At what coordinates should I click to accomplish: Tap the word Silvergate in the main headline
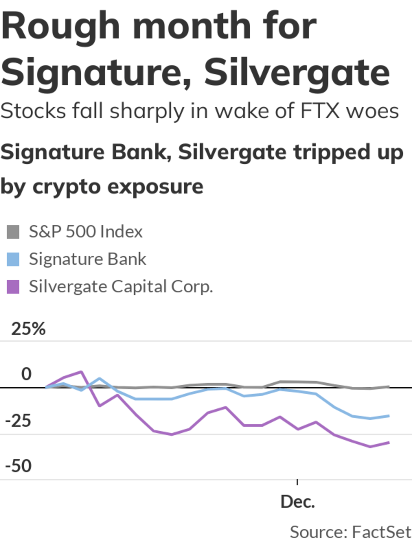297,73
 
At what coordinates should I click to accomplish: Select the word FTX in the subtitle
320,111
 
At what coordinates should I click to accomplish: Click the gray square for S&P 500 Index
13,232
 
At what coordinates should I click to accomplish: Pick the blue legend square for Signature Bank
13,259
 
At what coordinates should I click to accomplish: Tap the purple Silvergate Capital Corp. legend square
13,287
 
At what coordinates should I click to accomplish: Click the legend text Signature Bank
88,259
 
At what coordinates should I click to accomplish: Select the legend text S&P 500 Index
85,232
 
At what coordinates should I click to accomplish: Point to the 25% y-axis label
28,329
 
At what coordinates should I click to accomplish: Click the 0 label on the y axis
26,374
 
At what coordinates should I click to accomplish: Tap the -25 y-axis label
18,421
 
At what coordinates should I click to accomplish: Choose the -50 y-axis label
18,466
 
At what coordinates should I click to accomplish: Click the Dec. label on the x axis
297,502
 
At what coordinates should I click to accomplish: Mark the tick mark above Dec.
297,482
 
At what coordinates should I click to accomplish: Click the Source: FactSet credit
350,532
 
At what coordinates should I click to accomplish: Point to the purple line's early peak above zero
81,372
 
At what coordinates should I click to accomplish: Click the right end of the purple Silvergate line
389,443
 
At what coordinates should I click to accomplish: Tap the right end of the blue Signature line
389,416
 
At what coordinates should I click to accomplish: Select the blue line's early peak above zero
99,378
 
